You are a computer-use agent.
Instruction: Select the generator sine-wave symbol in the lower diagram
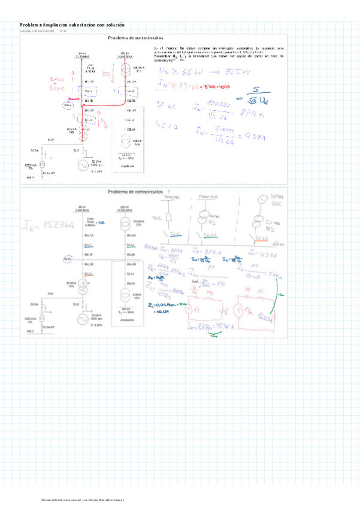tap(79, 319)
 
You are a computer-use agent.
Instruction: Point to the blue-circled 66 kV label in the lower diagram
tap(68, 259)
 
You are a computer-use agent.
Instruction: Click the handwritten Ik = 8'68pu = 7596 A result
tap(211, 327)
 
